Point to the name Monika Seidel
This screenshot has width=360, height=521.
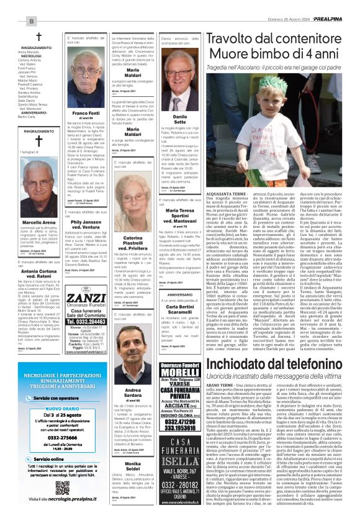(x=132, y=469)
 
